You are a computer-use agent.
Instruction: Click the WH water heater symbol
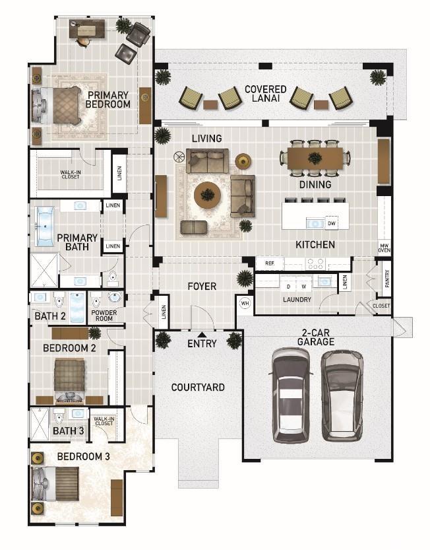245,303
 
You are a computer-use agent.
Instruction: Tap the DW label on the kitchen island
332,223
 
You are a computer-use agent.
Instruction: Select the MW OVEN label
384,248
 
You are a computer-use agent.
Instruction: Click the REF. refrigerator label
270,263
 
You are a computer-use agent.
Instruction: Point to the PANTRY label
387,279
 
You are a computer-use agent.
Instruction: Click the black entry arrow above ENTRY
202,334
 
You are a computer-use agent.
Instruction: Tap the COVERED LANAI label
266,94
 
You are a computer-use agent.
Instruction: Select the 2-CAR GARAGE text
316,337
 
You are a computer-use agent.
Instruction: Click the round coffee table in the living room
208,195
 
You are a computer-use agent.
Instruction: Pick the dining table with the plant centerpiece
315,158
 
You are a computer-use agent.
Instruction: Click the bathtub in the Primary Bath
46,226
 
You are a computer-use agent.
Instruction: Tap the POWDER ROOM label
104,316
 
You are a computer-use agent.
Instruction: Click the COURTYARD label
198,387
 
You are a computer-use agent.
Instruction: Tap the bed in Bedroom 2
70,380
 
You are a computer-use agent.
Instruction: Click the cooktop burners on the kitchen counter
315,264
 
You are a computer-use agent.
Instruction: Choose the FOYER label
202,287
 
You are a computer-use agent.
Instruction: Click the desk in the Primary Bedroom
87,28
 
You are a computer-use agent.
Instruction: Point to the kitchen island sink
315,223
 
